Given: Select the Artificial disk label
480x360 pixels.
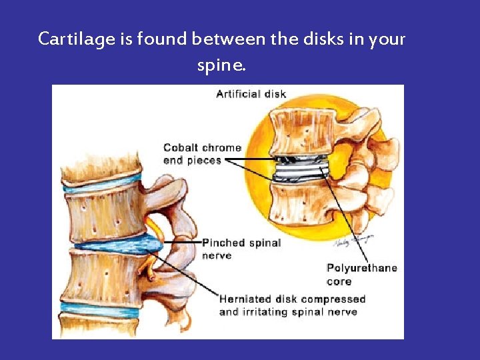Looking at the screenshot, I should point(251,94).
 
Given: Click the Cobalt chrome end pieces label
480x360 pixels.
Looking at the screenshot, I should point(202,154).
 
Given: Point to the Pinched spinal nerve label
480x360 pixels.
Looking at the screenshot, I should point(241,249).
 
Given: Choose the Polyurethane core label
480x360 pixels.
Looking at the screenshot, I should point(361,275).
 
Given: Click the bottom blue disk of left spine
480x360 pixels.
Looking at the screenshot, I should point(100,309).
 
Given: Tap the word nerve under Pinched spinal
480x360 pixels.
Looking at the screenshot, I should point(217,255).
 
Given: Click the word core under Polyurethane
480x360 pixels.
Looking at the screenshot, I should point(339,281).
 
